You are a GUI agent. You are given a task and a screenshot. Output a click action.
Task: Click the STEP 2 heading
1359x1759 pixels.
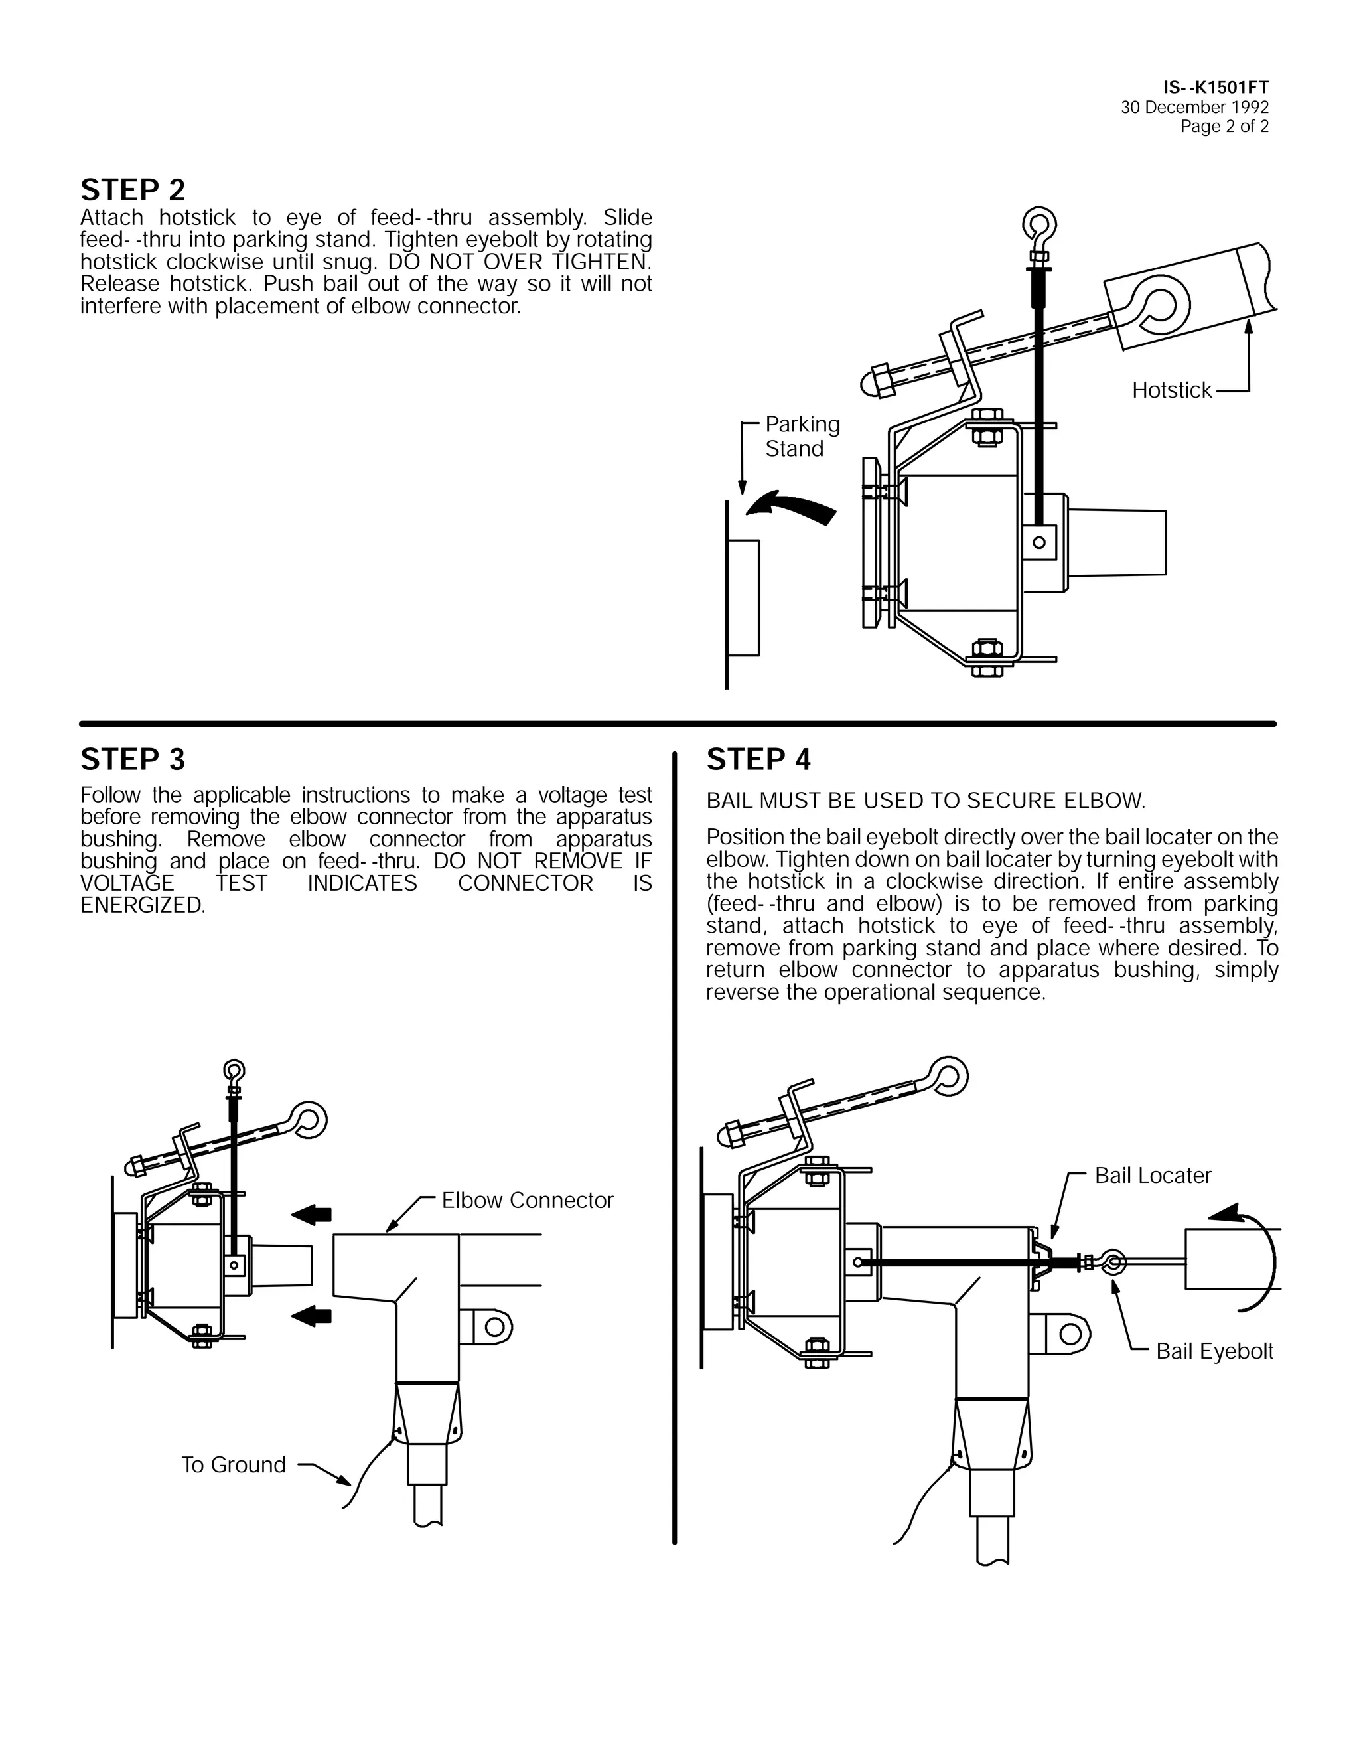pos(133,190)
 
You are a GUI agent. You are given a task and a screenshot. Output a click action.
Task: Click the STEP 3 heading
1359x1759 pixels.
pos(133,759)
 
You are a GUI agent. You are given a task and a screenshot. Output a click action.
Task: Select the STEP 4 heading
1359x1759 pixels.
pos(758,759)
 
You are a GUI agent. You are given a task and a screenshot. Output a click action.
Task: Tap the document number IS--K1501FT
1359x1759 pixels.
pos(1215,87)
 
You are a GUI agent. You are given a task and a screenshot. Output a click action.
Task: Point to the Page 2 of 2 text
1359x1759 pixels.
pos(1224,126)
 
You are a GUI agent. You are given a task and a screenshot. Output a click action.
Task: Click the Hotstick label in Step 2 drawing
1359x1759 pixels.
pos(1171,390)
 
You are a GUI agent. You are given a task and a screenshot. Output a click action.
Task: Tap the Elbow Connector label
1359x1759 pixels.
pos(528,1200)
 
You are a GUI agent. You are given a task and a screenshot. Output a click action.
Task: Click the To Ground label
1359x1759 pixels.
pos(234,1464)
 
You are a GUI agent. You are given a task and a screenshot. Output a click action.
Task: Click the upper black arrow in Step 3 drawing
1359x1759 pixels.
pos(312,1215)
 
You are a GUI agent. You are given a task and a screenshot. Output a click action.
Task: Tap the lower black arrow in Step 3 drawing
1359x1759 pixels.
pos(312,1316)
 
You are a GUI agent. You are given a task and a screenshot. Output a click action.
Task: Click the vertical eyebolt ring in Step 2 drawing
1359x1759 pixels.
pos(1038,225)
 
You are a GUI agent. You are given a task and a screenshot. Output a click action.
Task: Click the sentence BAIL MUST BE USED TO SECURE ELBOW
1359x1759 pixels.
pos(925,801)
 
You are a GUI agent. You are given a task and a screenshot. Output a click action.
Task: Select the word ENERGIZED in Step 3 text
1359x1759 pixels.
pos(142,905)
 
